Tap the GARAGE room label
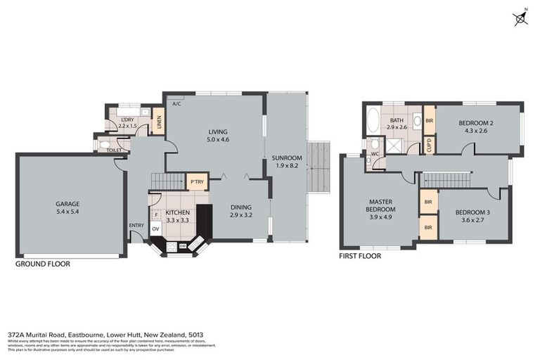67,204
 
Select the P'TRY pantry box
197,183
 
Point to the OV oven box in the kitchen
156,229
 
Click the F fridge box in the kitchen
156,215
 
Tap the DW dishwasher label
183,245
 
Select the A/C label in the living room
176,104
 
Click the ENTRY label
136,225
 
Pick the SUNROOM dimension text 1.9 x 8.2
286,167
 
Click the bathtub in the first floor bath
372,120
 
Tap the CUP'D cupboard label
429,145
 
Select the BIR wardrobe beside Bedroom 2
429,120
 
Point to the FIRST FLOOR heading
360,256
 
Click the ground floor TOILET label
114,150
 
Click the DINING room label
242,207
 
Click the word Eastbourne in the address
86,335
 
